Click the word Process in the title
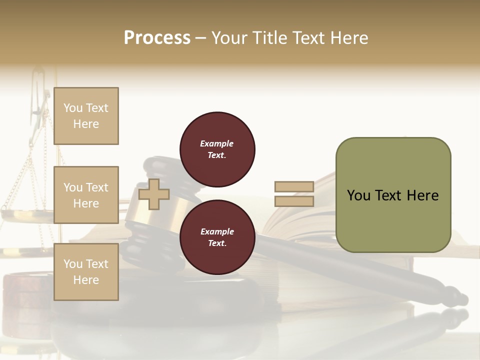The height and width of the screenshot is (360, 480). coord(157,38)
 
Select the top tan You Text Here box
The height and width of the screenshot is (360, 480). coord(86,116)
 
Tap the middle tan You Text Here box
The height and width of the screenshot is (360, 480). coord(86,195)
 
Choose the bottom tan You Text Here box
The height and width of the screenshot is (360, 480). coord(86,271)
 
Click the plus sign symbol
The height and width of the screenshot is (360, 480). coord(153,194)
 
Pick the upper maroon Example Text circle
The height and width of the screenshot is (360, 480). coord(217,149)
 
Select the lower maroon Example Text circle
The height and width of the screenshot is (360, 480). coord(217,237)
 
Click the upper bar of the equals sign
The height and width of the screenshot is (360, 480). coord(294,186)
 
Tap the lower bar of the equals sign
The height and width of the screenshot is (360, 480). coord(294,201)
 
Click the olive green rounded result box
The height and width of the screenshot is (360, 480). coord(393,195)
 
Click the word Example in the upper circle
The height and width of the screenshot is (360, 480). coord(216,143)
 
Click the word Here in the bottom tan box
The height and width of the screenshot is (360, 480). coord(86,280)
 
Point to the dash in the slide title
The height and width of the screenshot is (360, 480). coord(201,38)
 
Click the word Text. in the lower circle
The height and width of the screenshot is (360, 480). coord(216,243)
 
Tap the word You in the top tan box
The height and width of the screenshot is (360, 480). coord(73,108)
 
